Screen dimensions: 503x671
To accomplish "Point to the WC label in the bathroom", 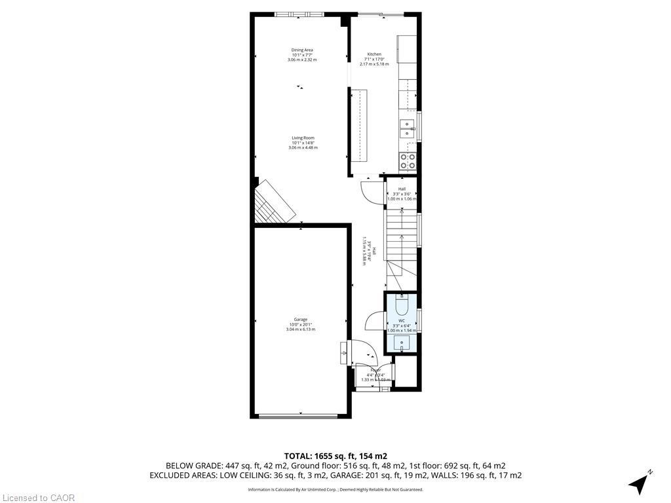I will click(x=402, y=320).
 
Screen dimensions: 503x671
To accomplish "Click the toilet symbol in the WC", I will click(x=402, y=305).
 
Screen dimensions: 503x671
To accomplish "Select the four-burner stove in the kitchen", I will click(x=407, y=161).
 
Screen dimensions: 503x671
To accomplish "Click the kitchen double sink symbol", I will click(x=407, y=128).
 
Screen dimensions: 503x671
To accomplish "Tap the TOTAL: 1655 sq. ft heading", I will click(x=335, y=456).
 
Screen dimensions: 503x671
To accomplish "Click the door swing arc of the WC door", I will click(x=372, y=321).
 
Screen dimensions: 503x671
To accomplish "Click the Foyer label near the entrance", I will click(x=375, y=370).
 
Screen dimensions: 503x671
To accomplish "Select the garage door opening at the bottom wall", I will click(x=300, y=416).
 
